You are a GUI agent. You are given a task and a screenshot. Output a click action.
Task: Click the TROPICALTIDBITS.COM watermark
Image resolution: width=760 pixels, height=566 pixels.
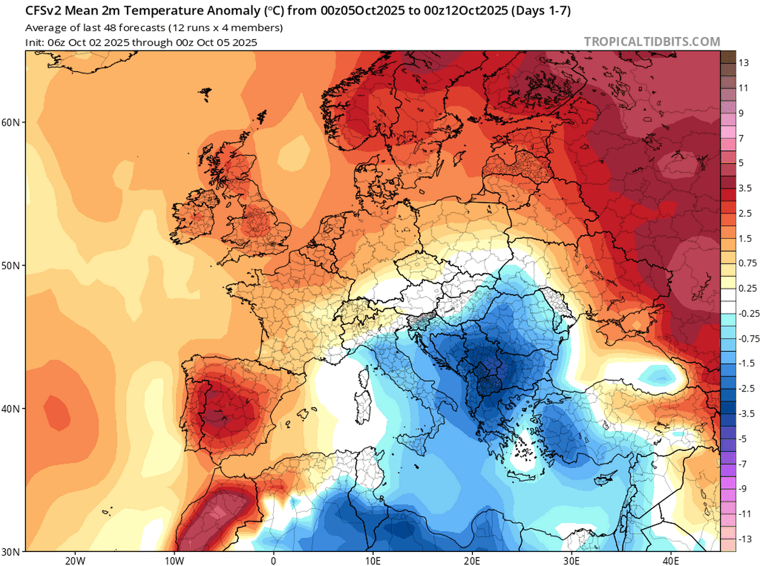(652, 42)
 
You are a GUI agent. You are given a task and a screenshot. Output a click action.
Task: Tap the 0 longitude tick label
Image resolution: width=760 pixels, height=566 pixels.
(274, 559)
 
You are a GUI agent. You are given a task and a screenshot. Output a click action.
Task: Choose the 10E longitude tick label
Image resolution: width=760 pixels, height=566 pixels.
(373, 559)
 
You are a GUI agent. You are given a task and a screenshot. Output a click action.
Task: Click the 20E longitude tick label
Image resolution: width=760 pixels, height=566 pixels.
(472, 559)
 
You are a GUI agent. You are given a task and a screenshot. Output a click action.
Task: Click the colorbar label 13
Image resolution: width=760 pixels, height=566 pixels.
(743, 63)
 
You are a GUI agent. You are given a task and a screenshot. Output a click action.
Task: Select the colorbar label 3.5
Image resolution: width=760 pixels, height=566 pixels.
(745, 188)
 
